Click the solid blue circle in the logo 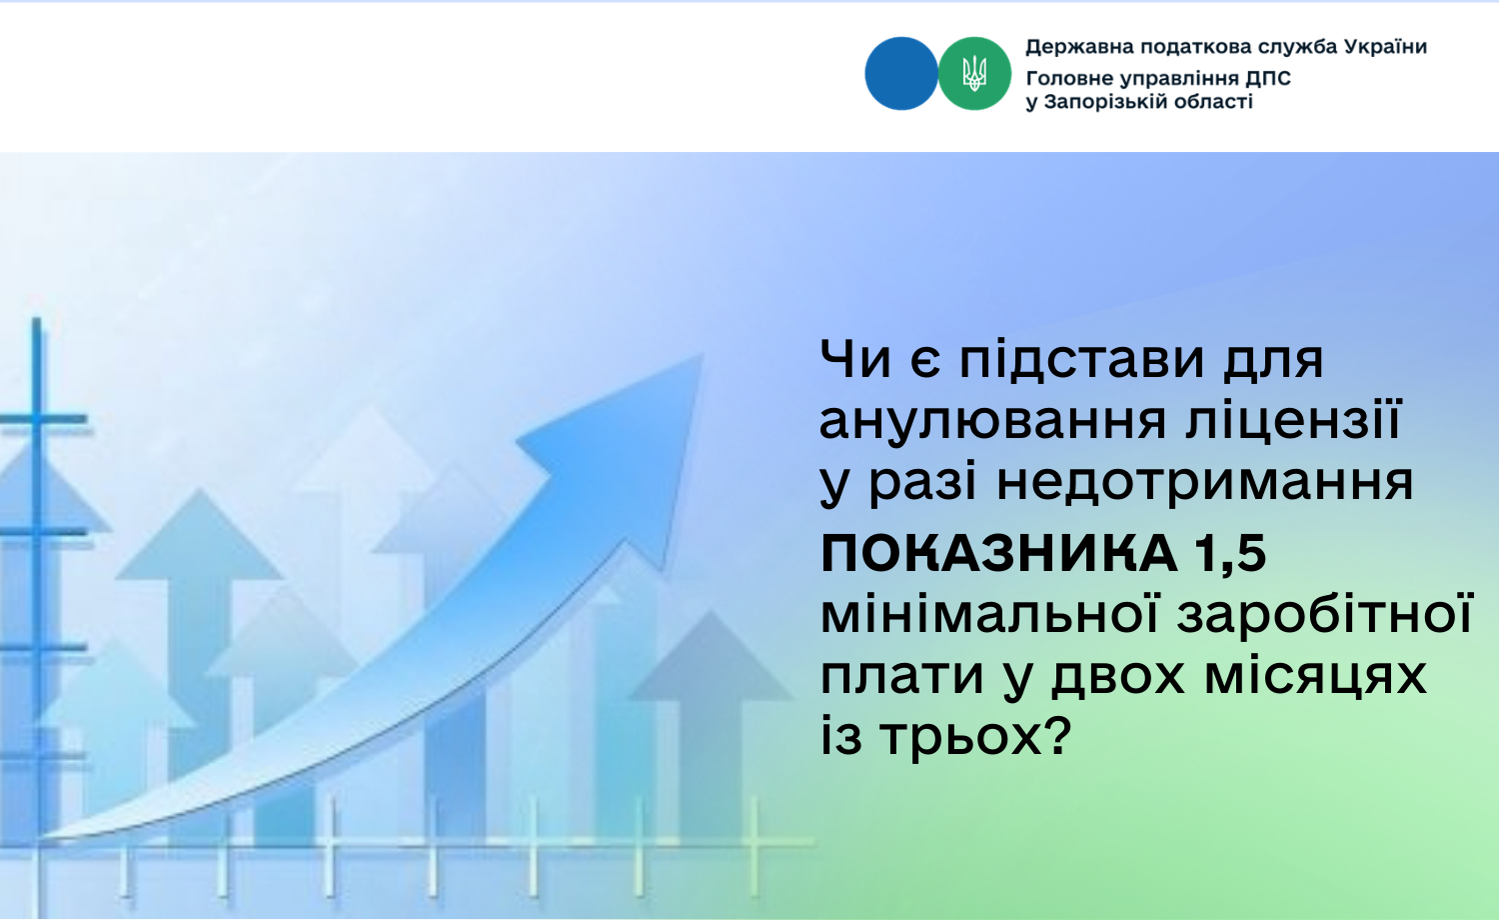900,74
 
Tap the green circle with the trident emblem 974,74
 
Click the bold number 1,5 1230,555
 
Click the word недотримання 1204,482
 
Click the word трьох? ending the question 976,736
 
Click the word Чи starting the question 855,360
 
